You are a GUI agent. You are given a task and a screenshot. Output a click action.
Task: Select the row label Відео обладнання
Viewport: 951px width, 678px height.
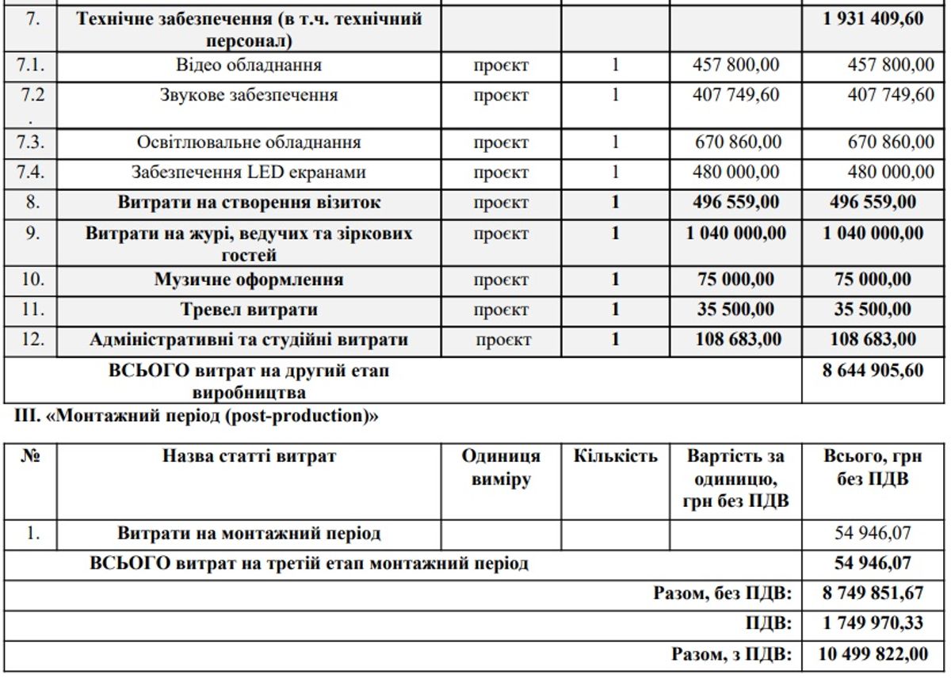pyautogui.click(x=249, y=65)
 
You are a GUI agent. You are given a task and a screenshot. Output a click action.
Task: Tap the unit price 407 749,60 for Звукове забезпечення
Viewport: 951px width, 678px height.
pyautogui.click(x=736, y=95)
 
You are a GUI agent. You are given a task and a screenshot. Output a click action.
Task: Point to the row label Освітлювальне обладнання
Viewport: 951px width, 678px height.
pyautogui.click(x=249, y=143)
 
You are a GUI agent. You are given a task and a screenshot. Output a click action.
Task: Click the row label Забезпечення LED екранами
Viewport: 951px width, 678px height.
pyautogui.click(x=249, y=172)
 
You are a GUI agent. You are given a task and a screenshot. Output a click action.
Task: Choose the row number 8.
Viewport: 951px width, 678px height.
pyautogui.click(x=31, y=202)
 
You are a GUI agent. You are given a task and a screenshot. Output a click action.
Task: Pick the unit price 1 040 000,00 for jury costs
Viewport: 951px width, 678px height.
pyautogui.click(x=736, y=234)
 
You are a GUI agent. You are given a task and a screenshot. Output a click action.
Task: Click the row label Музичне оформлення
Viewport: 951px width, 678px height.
pyautogui.click(x=249, y=280)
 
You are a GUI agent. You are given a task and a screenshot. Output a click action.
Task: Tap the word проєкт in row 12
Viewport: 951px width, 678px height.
pyautogui.click(x=503, y=341)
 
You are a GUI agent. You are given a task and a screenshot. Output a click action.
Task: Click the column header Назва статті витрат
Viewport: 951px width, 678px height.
pyautogui.click(x=249, y=457)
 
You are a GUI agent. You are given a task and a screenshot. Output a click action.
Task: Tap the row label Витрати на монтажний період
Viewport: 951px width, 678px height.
pyautogui.click(x=249, y=533)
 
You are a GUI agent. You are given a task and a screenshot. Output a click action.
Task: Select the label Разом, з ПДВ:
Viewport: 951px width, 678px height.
pyautogui.click(x=731, y=654)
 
